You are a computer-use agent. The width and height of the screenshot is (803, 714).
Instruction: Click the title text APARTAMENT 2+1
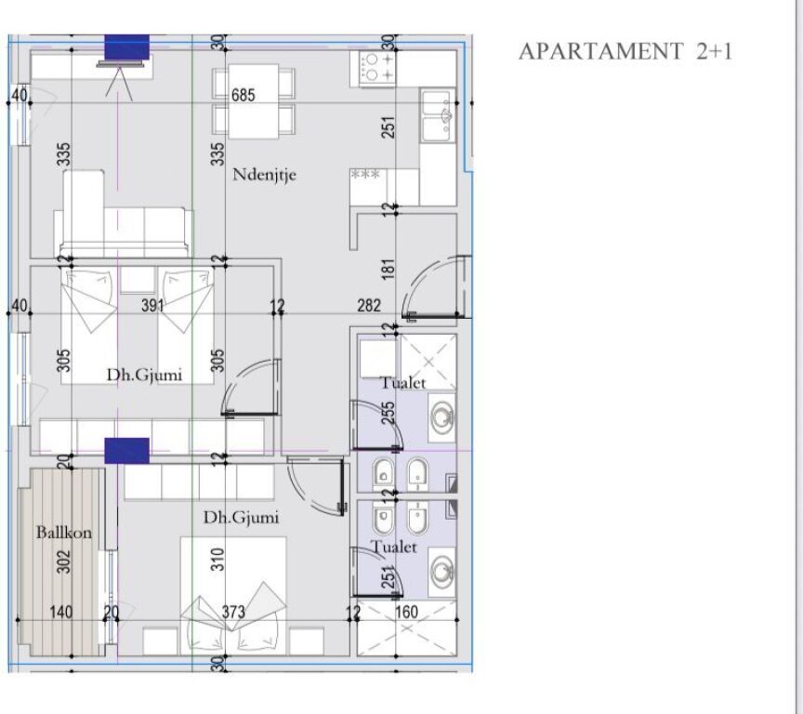coord(625,51)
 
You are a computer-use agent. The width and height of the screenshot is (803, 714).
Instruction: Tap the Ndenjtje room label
coord(265,174)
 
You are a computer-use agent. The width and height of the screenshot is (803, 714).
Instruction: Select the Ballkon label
coord(58,533)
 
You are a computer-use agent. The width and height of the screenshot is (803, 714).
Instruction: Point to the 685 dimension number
coord(243,95)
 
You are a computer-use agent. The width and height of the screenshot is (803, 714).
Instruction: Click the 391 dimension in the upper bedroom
coord(152,305)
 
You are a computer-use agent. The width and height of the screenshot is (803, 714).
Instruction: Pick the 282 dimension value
coord(368,306)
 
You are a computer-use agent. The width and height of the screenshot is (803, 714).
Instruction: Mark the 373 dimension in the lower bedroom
coord(234,611)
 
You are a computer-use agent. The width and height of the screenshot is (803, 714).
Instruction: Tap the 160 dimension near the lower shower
coord(407,612)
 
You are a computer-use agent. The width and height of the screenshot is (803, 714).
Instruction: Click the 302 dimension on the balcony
coord(64,561)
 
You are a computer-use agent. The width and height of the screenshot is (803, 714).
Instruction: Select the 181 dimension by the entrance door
coord(388,271)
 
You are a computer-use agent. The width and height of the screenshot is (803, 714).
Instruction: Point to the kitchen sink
coord(437,114)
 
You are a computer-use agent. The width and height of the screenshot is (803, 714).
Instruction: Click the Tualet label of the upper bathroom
coord(402,383)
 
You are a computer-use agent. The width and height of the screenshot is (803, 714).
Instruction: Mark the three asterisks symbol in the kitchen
coord(365,174)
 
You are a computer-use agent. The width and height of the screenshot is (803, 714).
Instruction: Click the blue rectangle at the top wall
coord(126,46)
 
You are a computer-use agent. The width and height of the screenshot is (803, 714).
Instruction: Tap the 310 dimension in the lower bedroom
coord(217,559)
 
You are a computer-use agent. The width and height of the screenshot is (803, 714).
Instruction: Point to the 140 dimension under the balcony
coord(62,611)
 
